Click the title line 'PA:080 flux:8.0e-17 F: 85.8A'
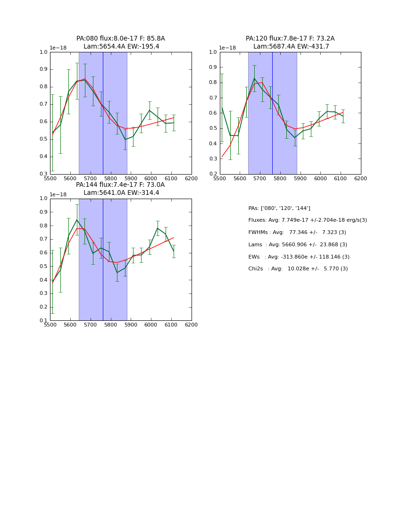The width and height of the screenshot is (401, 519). pos(120,39)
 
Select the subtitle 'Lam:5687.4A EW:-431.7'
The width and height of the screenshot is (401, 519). pos(291,47)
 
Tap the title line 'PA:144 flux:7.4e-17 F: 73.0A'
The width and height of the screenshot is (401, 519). pos(120,185)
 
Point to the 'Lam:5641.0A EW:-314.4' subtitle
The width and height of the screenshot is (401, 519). pos(121,193)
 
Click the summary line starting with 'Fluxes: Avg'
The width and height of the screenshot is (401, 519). pos(307,220)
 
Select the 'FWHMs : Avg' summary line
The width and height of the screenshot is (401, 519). pos(297,233)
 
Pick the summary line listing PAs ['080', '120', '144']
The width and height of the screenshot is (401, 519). pos(279,208)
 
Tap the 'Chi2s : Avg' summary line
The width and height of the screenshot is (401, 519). pos(298,269)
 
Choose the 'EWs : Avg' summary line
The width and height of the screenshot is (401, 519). pos(299,257)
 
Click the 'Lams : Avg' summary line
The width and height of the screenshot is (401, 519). pos(297,245)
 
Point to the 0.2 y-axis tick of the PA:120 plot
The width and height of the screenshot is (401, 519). pos(214,174)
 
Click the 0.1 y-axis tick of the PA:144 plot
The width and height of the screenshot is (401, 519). pos(44,321)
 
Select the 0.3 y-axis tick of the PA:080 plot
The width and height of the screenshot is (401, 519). pos(44,174)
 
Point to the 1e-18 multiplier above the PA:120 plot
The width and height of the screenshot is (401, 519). pos(227,48)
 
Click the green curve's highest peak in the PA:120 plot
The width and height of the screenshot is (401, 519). pos(254,78)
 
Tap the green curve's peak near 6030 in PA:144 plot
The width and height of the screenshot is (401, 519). pos(158,228)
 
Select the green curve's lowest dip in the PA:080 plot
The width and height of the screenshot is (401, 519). pos(125,139)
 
